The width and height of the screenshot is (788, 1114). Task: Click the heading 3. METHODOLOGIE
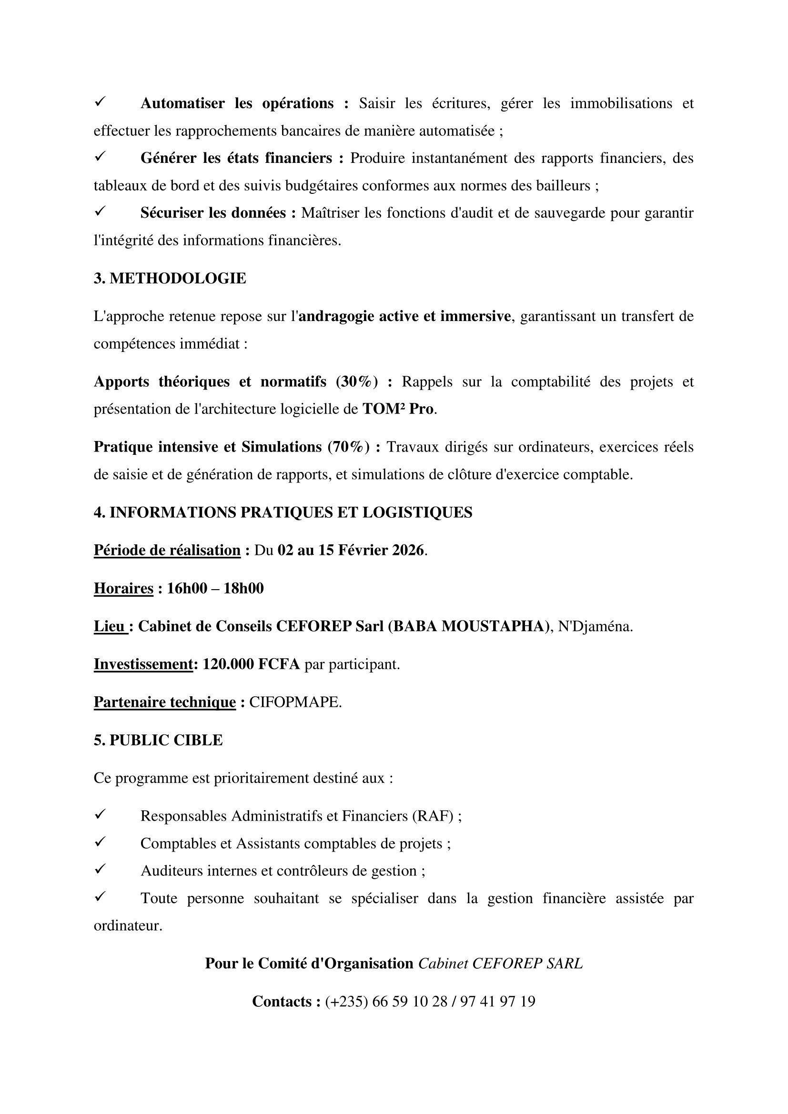click(x=170, y=279)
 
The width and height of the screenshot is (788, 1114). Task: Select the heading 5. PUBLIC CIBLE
click(x=158, y=740)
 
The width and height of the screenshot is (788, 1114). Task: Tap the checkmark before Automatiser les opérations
click(x=101, y=102)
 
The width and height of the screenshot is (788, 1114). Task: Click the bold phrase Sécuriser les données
click(x=213, y=213)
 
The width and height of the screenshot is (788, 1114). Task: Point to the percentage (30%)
click(x=357, y=382)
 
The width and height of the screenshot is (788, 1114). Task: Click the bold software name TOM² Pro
click(x=398, y=409)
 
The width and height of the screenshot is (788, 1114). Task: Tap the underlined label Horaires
click(x=123, y=589)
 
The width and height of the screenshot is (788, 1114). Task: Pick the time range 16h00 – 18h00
click(x=215, y=589)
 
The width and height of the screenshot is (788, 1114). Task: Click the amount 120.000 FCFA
click(x=252, y=664)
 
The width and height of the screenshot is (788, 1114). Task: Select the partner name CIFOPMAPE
click(x=295, y=702)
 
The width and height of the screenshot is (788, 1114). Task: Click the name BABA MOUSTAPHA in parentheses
click(x=468, y=626)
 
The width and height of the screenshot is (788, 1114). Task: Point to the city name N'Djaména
click(x=595, y=626)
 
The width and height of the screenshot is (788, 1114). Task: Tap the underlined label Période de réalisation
click(x=167, y=550)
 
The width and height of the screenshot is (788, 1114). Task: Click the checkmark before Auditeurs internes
click(x=101, y=870)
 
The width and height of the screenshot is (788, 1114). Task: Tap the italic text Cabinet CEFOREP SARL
click(x=500, y=963)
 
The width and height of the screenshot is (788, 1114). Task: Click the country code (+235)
click(x=346, y=1002)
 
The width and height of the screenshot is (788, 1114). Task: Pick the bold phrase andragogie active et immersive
click(x=404, y=316)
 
